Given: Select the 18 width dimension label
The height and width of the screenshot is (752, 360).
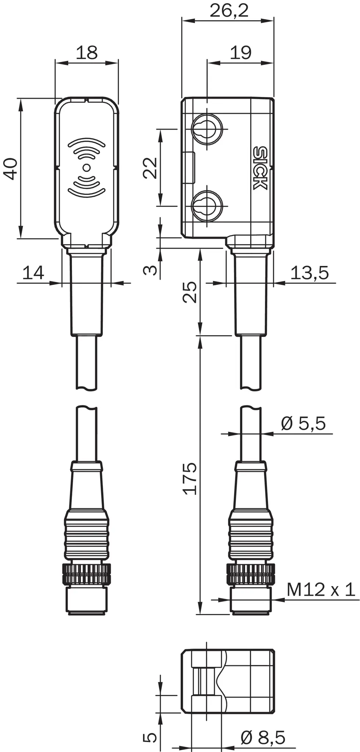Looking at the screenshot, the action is tap(87, 53).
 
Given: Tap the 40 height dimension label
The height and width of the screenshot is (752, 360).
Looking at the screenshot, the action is tap(11, 169).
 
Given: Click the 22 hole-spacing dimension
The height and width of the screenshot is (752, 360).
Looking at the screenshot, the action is tap(150, 168).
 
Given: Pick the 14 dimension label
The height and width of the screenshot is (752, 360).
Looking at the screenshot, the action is tap(33, 273).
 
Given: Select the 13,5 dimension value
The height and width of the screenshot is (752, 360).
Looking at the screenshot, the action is tap(309, 273).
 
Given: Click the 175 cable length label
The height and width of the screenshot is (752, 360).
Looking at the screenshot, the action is tap(190, 478).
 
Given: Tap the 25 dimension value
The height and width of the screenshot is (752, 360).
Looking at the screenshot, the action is tap(190, 292).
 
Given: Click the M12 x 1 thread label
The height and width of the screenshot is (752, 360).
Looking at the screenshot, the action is tap(320, 590).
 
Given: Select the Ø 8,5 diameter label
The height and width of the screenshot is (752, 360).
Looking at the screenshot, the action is tap(263, 738).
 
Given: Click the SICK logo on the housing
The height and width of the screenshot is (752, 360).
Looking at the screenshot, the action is tap(260, 168).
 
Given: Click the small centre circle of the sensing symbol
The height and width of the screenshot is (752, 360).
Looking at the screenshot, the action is tap(87, 168).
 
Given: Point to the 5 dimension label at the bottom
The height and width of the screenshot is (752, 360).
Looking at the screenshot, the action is tap(150, 737).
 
